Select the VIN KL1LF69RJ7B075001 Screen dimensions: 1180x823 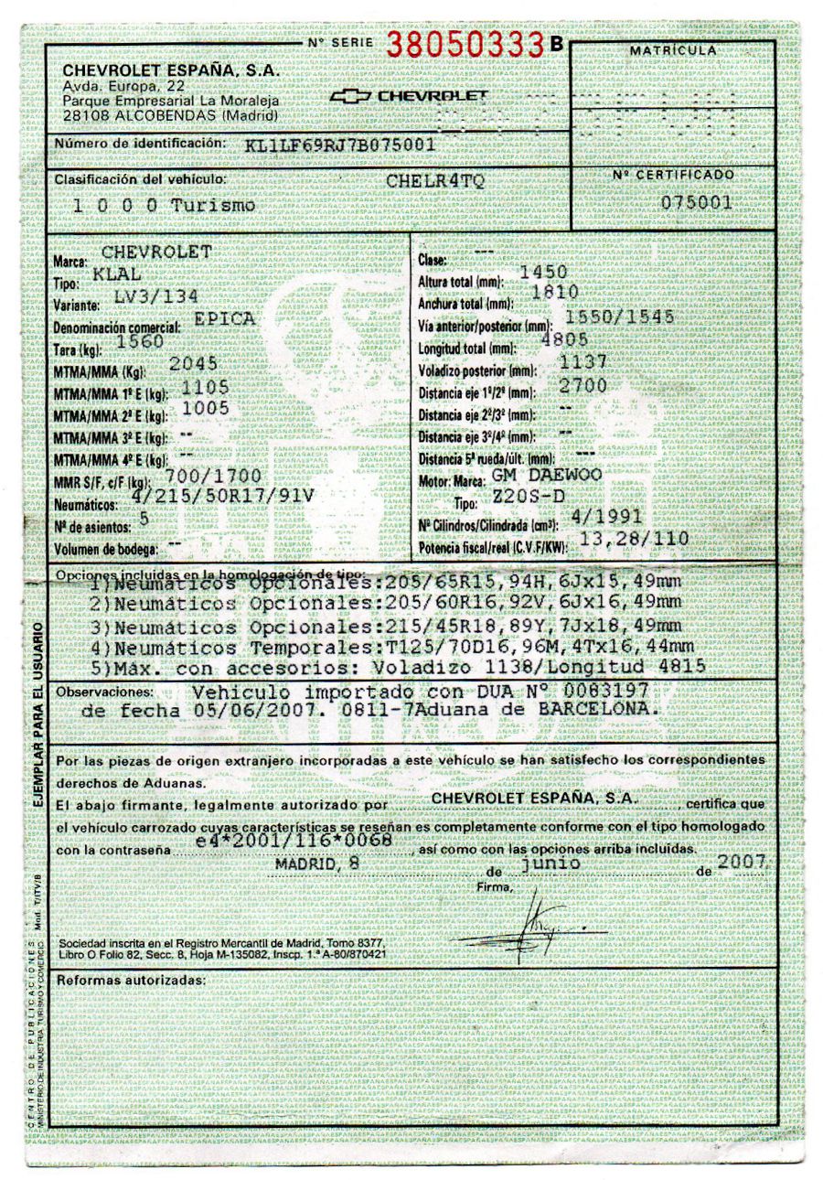coord(340,145)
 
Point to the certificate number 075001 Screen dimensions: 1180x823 coord(701,202)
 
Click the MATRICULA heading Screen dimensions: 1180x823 coord(673,49)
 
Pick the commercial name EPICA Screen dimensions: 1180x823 coord(225,318)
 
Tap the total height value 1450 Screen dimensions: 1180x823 coord(542,272)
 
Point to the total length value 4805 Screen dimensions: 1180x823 coord(572,338)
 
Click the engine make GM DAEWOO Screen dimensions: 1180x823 coord(546,476)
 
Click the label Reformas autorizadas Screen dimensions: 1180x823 coord(131,981)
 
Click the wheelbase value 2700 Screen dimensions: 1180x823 coord(583,385)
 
